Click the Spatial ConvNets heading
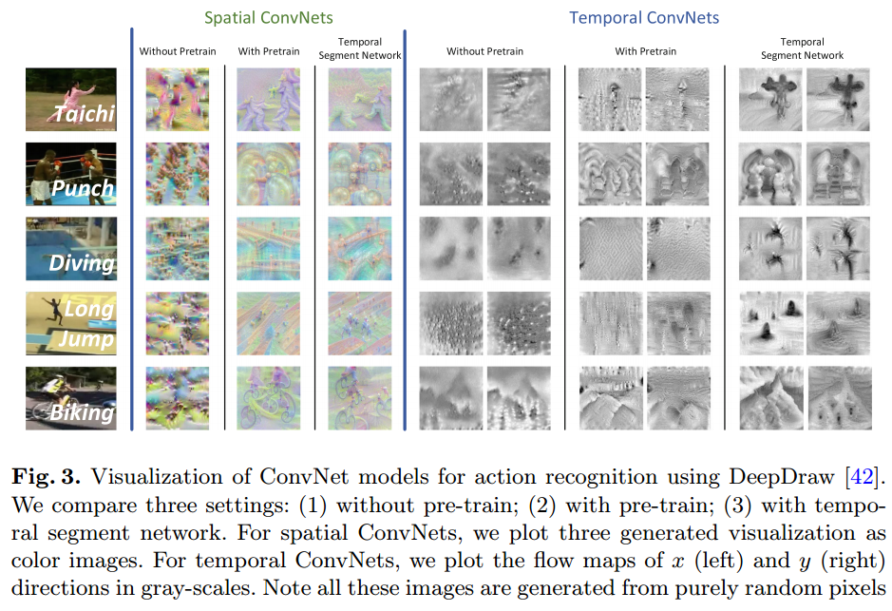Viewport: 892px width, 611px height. [x=267, y=16]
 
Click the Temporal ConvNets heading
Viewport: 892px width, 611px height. [x=644, y=16]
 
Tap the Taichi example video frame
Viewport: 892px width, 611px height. [x=71, y=99]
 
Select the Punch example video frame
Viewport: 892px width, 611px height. [x=71, y=173]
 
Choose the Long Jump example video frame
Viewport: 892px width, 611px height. [x=71, y=323]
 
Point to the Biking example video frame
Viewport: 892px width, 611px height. [x=71, y=398]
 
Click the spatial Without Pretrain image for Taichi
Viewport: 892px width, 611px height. [x=178, y=99]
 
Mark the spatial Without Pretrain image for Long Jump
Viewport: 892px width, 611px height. [x=178, y=323]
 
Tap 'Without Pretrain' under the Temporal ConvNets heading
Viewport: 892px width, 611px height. [x=484, y=51]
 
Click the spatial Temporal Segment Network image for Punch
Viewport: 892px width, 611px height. [x=358, y=173]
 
